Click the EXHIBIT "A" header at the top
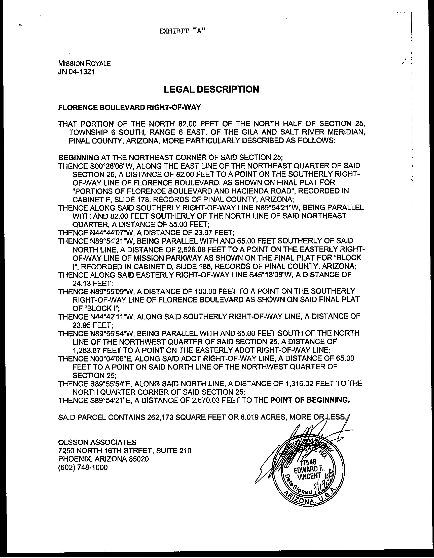click(x=182, y=31)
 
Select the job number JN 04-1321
click(x=76, y=72)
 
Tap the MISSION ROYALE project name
click(x=84, y=63)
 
